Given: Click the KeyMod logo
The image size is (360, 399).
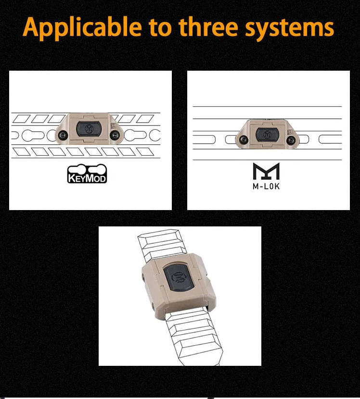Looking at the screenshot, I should pos(87,174).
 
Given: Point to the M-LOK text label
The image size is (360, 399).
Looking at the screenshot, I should pos(266,186).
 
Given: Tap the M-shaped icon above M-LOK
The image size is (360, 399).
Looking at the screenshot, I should pos(266,171).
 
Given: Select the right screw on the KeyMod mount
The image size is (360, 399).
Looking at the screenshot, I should pos(116,136).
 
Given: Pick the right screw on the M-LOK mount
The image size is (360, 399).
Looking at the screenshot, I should pos(291,140).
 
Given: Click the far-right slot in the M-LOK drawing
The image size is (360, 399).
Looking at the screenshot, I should pos(330,139).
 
